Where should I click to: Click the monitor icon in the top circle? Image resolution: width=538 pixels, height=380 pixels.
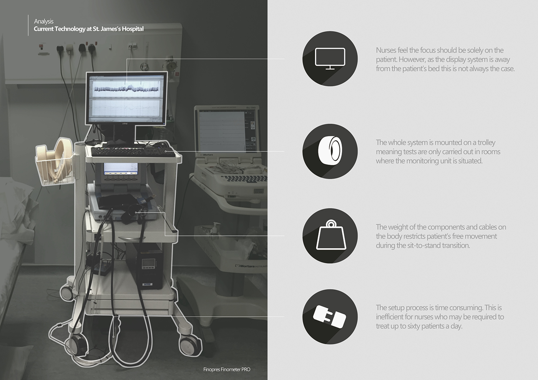click(x=330, y=58)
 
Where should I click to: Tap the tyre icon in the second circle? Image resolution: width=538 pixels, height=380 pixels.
click(x=330, y=151)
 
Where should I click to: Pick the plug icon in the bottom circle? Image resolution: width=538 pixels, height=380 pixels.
click(x=330, y=317)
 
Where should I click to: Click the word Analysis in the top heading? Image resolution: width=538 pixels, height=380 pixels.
click(x=43, y=21)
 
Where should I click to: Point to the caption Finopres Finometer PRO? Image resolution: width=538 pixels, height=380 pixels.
click(x=227, y=369)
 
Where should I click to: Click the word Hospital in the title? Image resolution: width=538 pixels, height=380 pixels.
click(x=133, y=29)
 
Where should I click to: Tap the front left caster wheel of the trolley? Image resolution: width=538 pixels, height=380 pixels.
click(x=76, y=344)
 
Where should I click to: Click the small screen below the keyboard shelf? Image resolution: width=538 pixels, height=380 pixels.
click(x=121, y=169)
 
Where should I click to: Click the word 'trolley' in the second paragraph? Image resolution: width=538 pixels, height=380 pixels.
click(x=486, y=142)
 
